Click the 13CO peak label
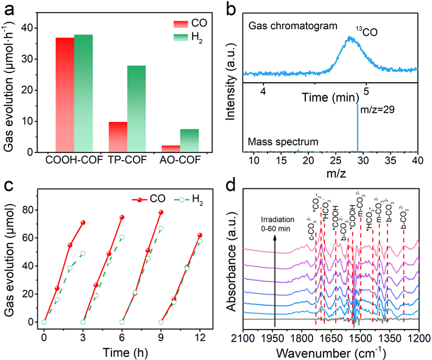[x=368, y=29]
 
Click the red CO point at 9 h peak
[x=161, y=213]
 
